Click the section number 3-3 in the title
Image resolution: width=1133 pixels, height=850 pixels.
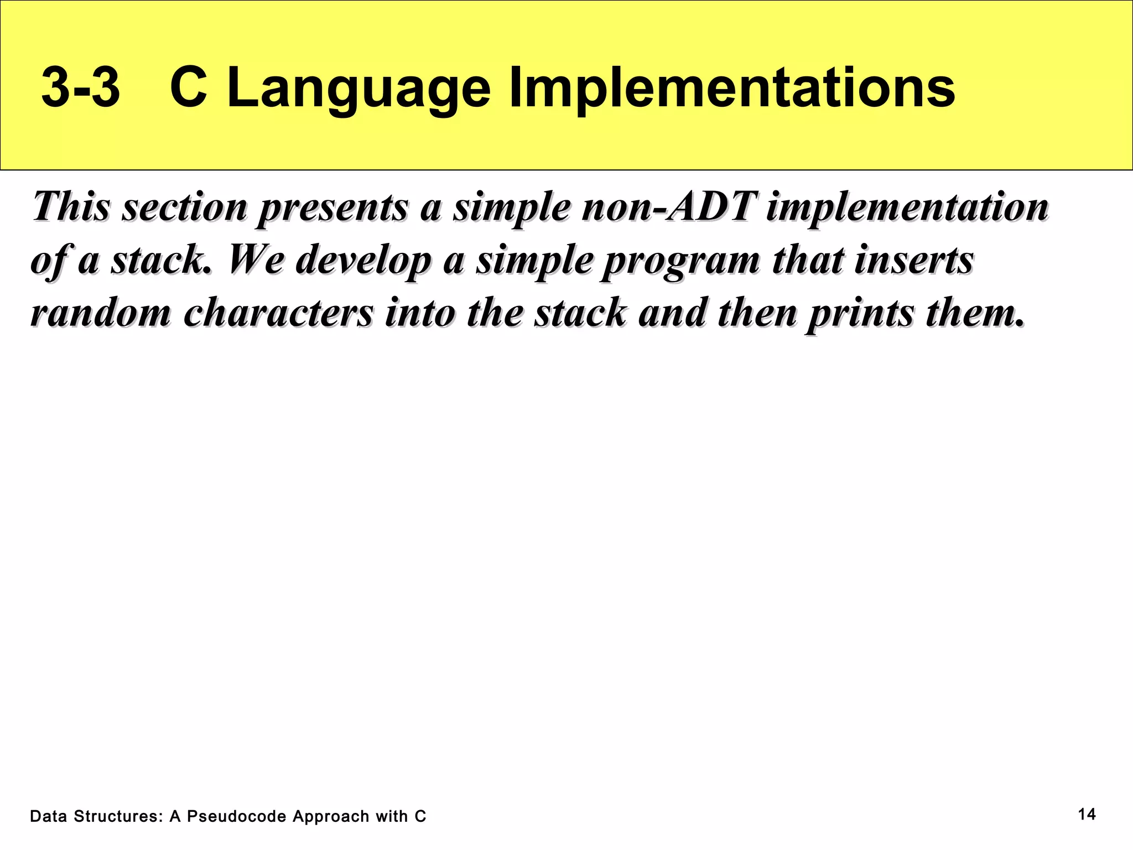tap(81, 88)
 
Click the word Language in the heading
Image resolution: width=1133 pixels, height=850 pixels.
tap(358, 88)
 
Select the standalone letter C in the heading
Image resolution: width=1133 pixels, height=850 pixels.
tap(188, 88)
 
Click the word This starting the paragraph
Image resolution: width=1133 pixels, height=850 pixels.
tap(71, 206)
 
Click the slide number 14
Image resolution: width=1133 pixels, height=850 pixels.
tap(1087, 814)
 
